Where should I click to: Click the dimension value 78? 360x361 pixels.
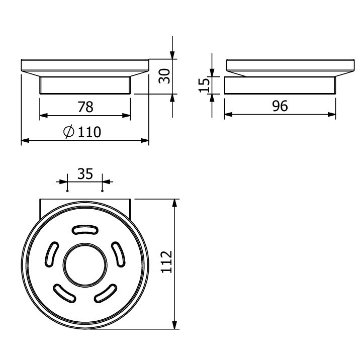[x=85, y=107]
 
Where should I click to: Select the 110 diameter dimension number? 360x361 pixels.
[x=89, y=132]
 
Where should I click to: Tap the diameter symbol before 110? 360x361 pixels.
[x=69, y=132]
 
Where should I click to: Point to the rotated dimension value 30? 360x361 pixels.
[x=164, y=76]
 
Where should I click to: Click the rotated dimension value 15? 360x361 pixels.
[x=205, y=85]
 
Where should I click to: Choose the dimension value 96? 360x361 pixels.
[x=280, y=106]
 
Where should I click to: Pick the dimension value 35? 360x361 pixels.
[x=85, y=174]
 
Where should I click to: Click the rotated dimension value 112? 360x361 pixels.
[x=166, y=262]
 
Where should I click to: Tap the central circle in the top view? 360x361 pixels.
[x=85, y=265]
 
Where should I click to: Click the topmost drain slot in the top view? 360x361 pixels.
[x=85, y=230]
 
